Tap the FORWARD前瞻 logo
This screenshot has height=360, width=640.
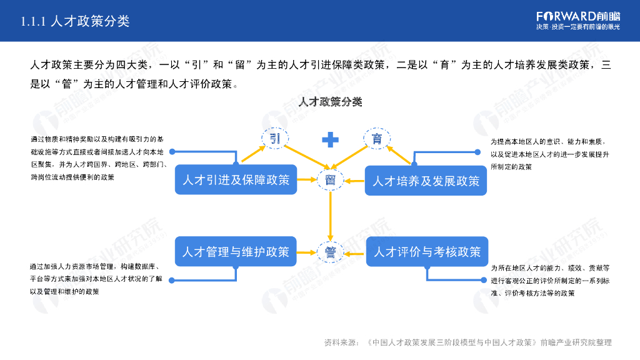coord(578,16)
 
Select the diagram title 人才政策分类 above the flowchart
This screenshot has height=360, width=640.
coord(331,102)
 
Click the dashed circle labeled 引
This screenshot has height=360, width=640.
coord(274,139)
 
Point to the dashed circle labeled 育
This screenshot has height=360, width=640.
coord(377,139)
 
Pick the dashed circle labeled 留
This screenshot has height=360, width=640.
coord(330,181)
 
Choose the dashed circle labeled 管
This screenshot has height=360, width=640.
coord(330,252)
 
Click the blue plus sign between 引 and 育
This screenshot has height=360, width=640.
coord(330,139)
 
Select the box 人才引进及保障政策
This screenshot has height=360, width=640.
coord(236,180)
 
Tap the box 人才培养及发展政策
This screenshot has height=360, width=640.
coord(426,181)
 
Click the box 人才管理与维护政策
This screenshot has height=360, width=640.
coord(236,252)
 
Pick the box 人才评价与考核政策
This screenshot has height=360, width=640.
coord(427,252)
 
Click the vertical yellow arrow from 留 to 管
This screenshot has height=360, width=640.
coord(330,216)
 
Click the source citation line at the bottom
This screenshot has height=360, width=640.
coord(467,342)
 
